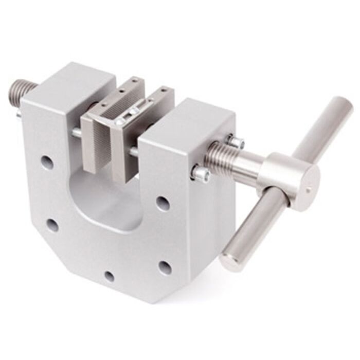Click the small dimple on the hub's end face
click(x=308, y=190)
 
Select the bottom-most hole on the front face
click(x=110, y=276)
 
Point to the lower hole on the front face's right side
click(x=165, y=266)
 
